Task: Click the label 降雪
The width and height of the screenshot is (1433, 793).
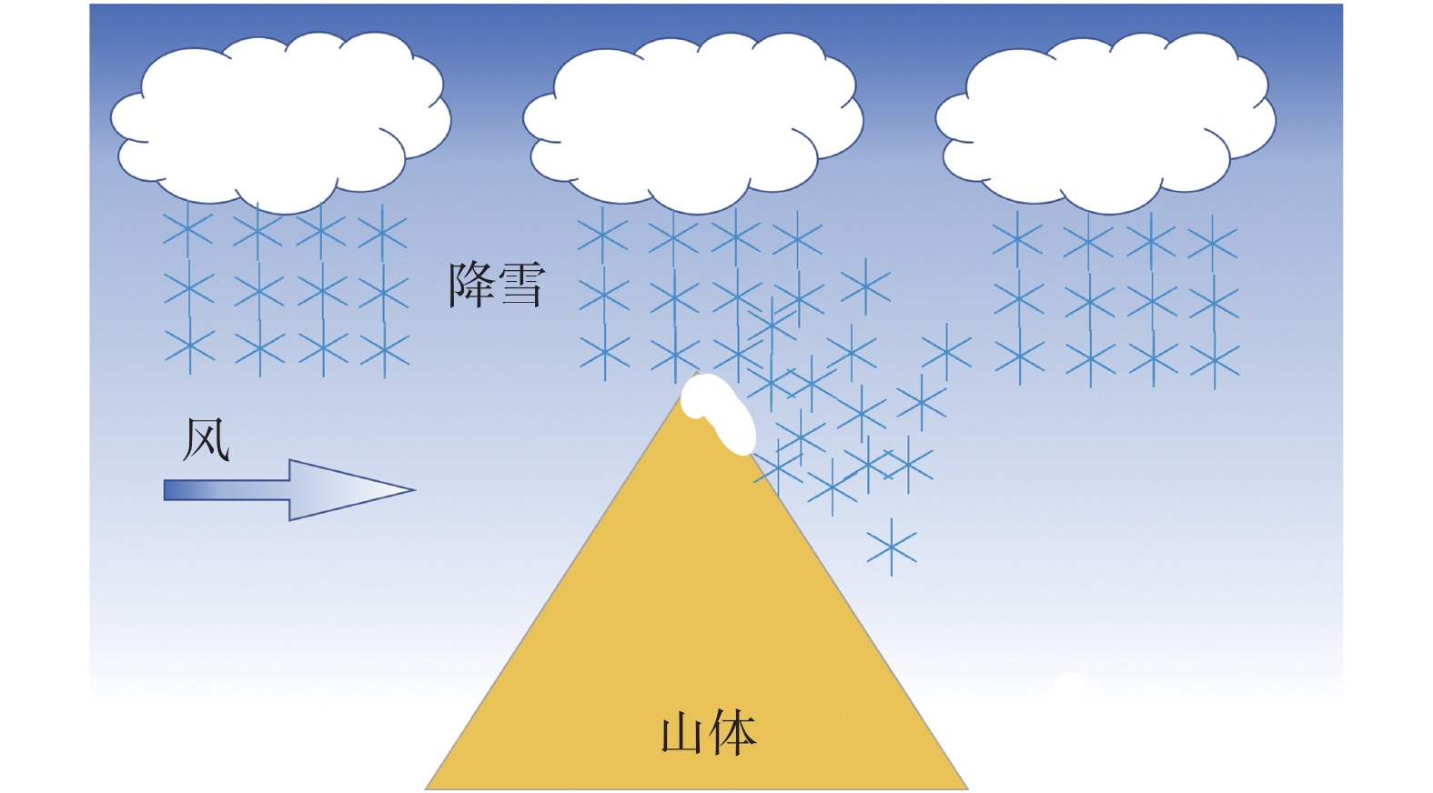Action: (497, 285)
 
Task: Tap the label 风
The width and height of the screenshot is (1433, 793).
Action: (207, 440)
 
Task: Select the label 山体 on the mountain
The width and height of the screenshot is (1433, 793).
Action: (708, 733)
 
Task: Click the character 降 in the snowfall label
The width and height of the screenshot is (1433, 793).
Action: (472, 285)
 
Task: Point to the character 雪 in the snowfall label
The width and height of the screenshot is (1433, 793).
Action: (521, 285)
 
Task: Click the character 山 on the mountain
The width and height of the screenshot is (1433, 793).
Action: (683, 734)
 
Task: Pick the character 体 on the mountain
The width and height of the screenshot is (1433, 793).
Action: (732, 733)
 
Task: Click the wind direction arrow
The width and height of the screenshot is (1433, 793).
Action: (289, 490)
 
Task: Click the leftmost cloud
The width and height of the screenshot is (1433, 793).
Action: (280, 118)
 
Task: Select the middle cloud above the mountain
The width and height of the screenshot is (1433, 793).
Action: (692, 118)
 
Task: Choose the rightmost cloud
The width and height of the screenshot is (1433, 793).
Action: (1105, 118)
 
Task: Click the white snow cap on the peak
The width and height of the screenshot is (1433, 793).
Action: (719, 410)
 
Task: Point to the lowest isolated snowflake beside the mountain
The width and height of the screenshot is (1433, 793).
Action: (892, 547)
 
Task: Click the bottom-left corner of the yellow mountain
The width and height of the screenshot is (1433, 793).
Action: (428, 788)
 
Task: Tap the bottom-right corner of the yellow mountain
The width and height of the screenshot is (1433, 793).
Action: (966, 788)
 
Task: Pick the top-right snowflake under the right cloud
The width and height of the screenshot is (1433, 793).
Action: (1213, 243)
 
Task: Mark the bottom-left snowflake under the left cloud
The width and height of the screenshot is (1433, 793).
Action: (190, 347)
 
